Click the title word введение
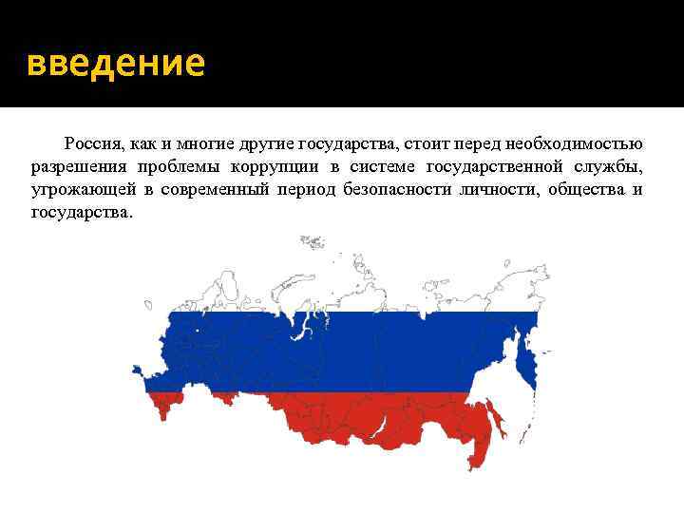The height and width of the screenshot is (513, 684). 115,65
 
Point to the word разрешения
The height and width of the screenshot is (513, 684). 77,167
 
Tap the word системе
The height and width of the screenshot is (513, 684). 380,167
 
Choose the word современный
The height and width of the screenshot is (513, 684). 212,190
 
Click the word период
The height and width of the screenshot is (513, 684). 306,190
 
